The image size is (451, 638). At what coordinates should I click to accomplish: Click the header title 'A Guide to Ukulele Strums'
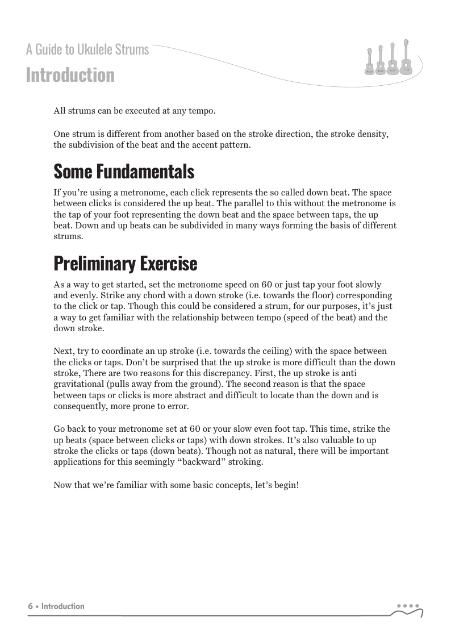87,50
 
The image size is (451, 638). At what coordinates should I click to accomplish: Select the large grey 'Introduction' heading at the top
70,75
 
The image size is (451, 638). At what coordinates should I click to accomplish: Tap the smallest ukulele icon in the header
369,61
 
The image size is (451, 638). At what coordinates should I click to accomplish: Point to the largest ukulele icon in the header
406,57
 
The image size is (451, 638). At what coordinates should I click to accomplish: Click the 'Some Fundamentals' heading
124,171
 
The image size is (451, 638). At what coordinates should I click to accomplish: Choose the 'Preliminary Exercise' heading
126,264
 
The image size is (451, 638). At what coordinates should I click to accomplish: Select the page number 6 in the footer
30,606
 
